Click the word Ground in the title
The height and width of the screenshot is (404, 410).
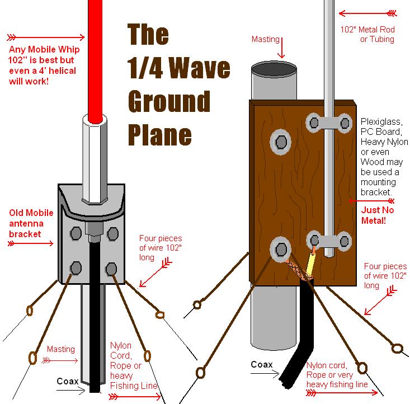pyautogui.click(x=169, y=101)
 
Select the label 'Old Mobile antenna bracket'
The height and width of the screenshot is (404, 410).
pyautogui.click(x=31, y=223)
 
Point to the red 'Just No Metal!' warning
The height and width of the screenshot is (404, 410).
pyautogui.click(x=377, y=215)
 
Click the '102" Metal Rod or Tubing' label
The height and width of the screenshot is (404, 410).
pyautogui.click(x=367, y=34)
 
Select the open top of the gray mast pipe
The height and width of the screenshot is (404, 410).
pyautogui.click(x=274, y=68)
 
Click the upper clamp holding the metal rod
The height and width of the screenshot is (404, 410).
pyautogui.click(x=329, y=123)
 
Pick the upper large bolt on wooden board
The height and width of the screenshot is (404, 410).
pyautogui.click(x=281, y=142)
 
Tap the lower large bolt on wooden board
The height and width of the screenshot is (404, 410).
pyautogui.click(x=281, y=250)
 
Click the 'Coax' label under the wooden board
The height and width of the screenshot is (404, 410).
pyautogui.click(x=261, y=364)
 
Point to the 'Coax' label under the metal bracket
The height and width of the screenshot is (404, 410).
pyautogui.click(x=68, y=381)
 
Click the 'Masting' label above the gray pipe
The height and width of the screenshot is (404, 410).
pyautogui.click(x=265, y=39)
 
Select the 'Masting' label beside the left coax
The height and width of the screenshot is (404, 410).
pyautogui.click(x=60, y=349)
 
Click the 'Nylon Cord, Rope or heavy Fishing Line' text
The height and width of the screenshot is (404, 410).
pyautogui.click(x=133, y=365)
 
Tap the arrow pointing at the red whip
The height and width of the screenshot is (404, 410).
pyautogui.click(x=46, y=37)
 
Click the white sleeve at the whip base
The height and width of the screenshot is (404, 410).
pyautogui.click(x=95, y=158)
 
